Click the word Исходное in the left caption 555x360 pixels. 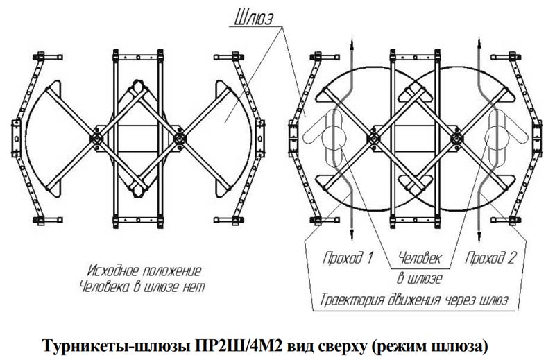(114, 269)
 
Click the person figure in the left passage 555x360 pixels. (332, 135)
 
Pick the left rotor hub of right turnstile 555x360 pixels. (375, 138)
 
